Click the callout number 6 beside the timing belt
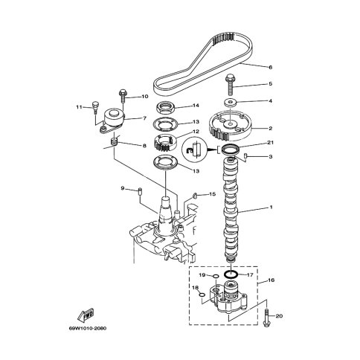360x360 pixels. (x=271, y=67)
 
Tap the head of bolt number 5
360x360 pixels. (x=229, y=78)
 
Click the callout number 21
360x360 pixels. (x=270, y=142)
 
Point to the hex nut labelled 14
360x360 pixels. (x=167, y=108)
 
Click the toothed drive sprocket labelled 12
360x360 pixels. (x=165, y=143)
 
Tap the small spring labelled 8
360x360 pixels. (x=114, y=142)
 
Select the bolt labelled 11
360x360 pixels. (x=95, y=106)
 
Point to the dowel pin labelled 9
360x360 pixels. (x=140, y=192)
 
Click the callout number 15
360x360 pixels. (x=213, y=194)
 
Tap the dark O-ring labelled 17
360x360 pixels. (x=231, y=274)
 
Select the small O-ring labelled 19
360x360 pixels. (x=216, y=277)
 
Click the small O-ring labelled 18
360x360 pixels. (x=202, y=295)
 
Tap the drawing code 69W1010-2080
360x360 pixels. (x=88, y=329)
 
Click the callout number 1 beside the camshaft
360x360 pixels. (x=271, y=207)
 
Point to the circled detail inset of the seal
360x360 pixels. (x=195, y=150)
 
